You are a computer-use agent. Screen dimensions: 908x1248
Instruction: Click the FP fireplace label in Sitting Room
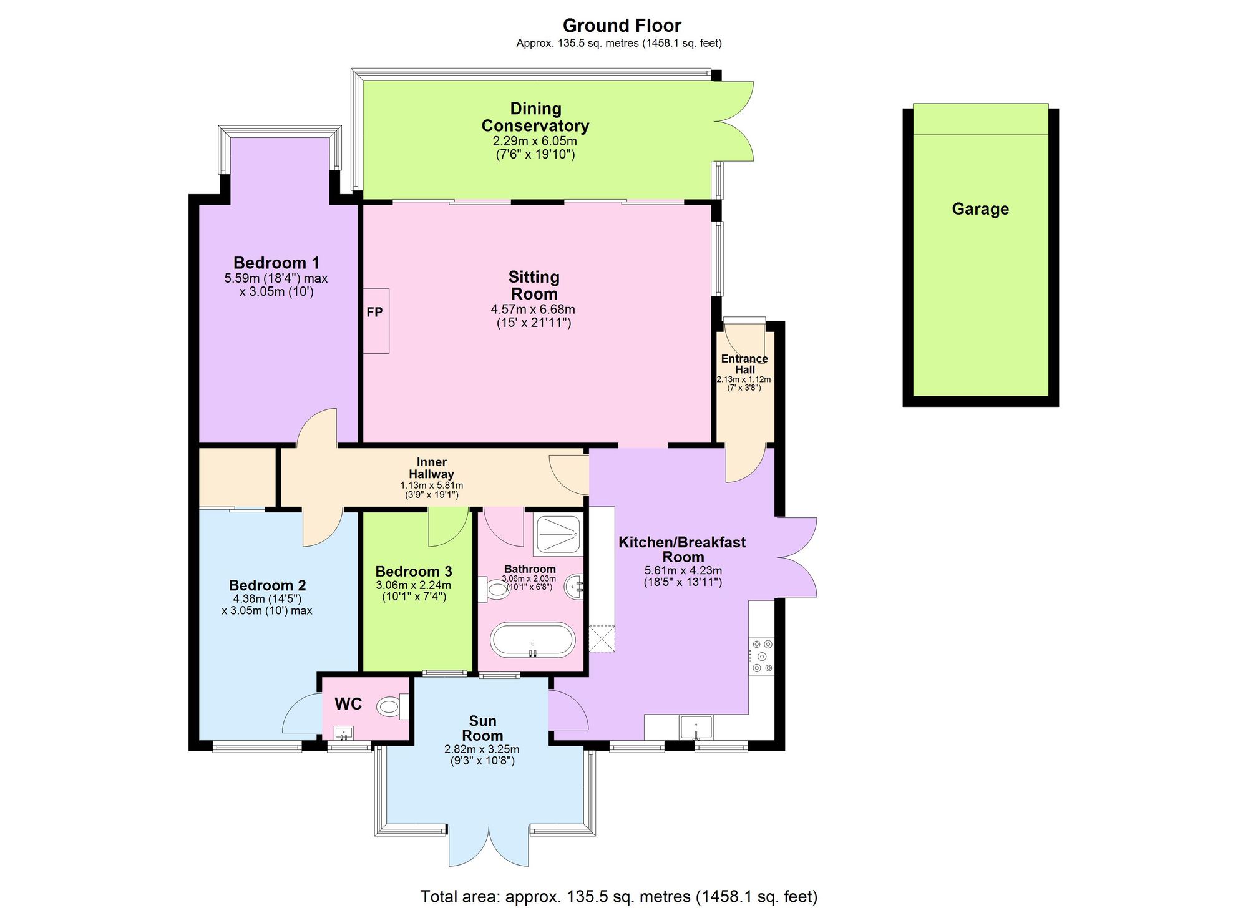click(374, 312)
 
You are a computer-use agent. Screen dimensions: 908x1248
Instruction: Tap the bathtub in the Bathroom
click(532, 640)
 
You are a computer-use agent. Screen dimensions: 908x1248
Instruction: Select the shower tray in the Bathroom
click(557, 535)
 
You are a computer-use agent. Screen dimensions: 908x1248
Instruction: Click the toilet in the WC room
click(389, 707)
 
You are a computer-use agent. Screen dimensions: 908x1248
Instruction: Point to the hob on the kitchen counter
click(761, 656)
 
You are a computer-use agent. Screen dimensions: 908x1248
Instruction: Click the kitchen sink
click(696, 727)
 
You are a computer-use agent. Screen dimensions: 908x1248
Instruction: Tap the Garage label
click(980, 209)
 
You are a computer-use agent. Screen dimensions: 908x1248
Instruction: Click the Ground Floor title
click(622, 26)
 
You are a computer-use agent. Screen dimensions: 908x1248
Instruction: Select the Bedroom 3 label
click(413, 572)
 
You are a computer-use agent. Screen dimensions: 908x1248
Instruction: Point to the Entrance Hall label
click(744, 364)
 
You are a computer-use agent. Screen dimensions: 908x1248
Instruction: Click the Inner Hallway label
click(431, 468)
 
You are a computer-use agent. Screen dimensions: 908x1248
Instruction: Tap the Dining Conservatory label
click(535, 117)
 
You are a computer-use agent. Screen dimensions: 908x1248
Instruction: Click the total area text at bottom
click(618, 897)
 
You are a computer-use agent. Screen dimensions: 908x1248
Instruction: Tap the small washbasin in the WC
click(343, 733)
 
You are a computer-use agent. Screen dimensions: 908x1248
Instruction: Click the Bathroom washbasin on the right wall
click(575, 587)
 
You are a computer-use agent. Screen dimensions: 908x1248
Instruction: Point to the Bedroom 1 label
click(276, 263)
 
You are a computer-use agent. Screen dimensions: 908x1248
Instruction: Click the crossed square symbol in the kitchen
click(602, 639)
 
